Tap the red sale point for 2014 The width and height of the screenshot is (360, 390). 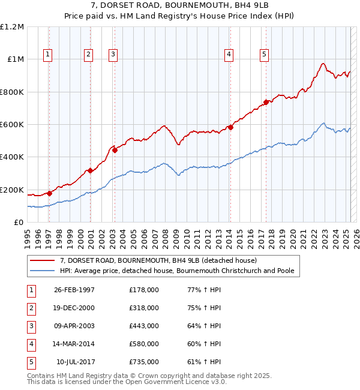coord(230,127)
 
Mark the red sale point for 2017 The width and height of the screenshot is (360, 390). coord(266,102)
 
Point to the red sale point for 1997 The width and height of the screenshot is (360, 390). coord(50,193)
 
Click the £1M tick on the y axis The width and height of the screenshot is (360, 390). coord(16,59)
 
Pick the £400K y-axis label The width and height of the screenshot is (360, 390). coord(12,157)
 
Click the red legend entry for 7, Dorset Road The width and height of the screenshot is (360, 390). coord(158,260)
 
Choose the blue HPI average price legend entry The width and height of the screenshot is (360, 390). coord(176,271)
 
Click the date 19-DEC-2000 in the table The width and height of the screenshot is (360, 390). coord(74,308)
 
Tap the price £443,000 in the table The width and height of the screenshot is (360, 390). coord(144,326)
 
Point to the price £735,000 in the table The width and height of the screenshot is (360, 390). coord(144,362)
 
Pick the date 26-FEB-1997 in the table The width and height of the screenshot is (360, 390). coord(74,290)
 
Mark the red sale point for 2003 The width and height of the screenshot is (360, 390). coord(115,150)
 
